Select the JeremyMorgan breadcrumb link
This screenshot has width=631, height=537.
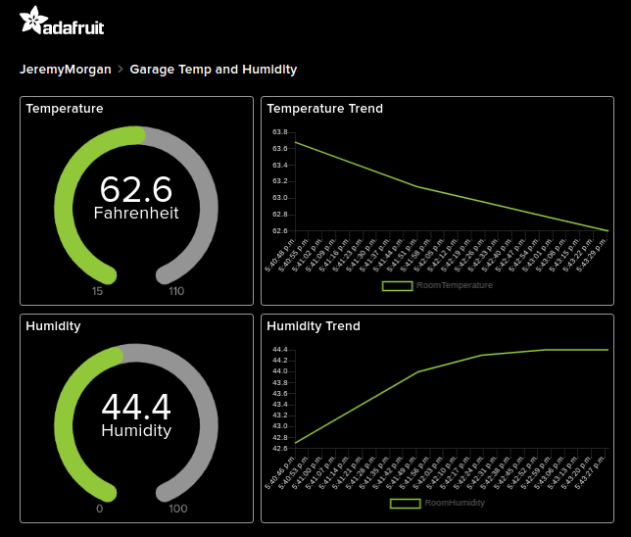(66, 70)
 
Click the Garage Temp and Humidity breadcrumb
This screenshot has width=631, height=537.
(213, 70)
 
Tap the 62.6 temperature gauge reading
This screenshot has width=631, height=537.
(135, 188)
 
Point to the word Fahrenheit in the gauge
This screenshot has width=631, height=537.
(136, 212)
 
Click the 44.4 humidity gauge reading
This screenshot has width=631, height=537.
(135, 406)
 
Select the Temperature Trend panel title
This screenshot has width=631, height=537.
(324, 109)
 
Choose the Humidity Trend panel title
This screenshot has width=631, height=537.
(313, 326)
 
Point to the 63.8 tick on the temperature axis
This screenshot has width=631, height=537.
(279, 132)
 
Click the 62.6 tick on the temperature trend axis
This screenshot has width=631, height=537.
(279, 231)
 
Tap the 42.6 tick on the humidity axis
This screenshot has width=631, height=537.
(279, 449)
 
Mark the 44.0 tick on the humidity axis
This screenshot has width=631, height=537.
(279, 371)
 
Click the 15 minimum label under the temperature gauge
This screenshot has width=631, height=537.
(98, 291)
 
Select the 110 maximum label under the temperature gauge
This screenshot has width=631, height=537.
(175, 291)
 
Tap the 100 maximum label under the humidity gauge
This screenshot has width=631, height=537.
(177, 509)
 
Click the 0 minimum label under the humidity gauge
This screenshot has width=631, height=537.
(99, 509)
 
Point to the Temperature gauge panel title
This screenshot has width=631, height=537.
(65, 109)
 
